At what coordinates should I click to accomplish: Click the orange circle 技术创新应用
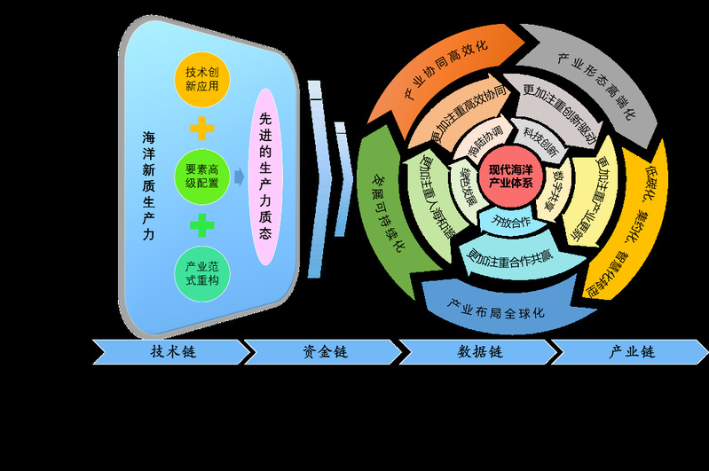pos(202,79)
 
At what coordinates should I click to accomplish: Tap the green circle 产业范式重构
pos(202,272)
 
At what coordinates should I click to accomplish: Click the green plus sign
pos(202,225)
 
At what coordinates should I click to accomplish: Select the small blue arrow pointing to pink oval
pos(240,177)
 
